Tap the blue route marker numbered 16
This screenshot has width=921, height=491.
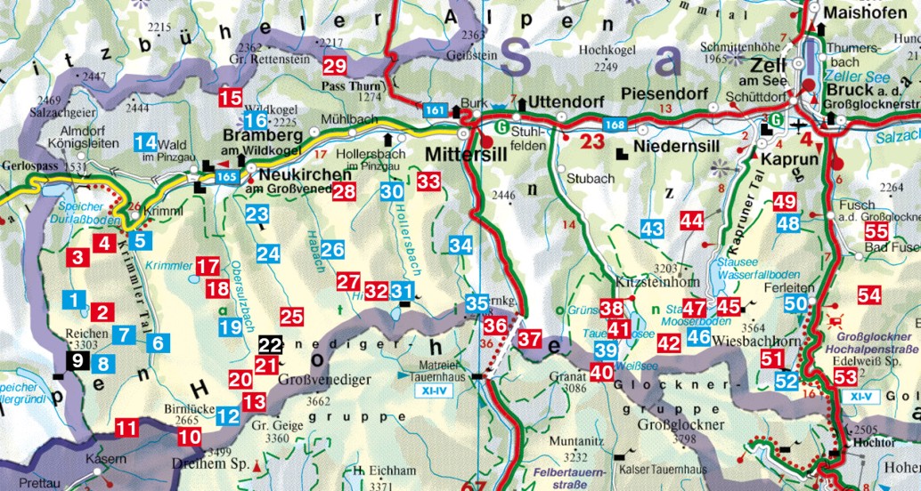[256, 121]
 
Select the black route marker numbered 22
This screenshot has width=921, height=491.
[270, 344]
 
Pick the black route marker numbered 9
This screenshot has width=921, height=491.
[77, 360]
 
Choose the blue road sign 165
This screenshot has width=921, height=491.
[226, 178]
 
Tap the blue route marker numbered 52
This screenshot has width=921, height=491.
[787, 382]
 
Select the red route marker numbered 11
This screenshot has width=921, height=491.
[126, 429]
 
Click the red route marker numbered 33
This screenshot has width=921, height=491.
[428, 181]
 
